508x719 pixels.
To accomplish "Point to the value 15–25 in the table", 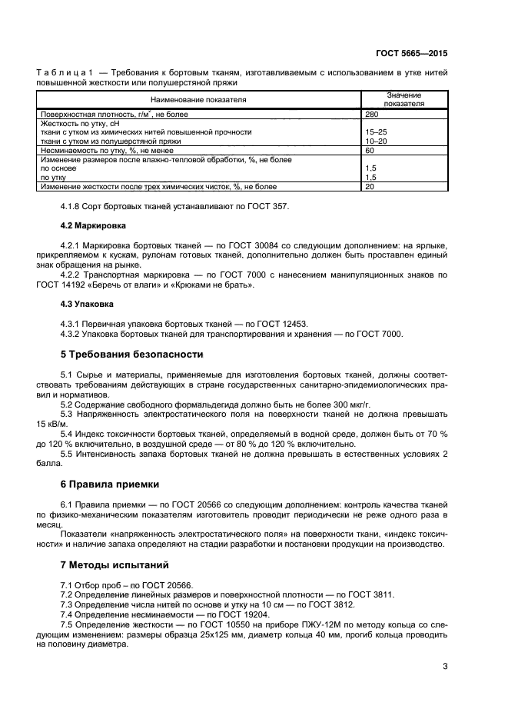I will pos(375,132).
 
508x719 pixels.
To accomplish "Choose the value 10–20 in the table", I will pos(375,141).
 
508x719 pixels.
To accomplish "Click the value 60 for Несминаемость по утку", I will pos(371,151).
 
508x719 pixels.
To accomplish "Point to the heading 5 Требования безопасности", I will pos(131,355).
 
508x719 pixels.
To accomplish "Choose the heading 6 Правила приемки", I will pos(109,484).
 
